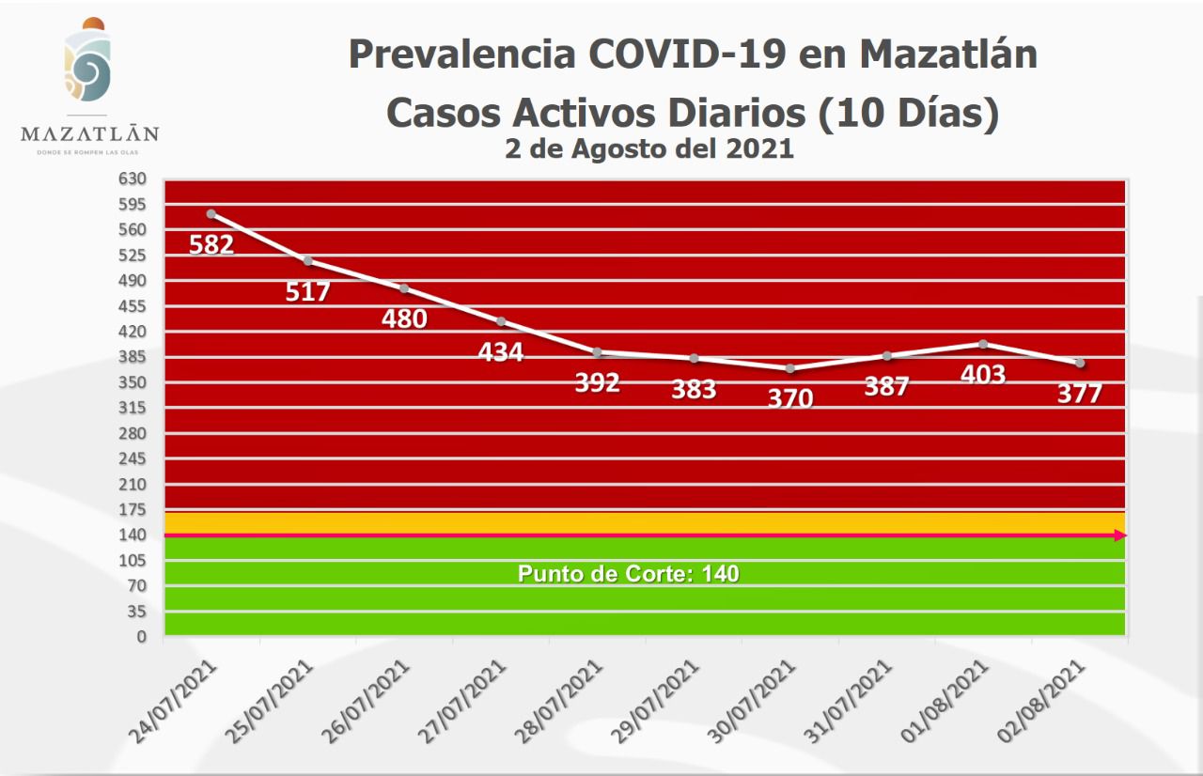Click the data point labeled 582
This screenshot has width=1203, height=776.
coord(211,214)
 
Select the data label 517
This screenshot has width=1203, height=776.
coord(307,291)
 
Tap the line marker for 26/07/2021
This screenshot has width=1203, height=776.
coord(404,287)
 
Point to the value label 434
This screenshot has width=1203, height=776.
coord(500,352)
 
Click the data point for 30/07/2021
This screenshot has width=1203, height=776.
coord(789,368)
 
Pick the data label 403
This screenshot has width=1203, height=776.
coord(983,374)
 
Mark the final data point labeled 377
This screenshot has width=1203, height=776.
coord(1080,363)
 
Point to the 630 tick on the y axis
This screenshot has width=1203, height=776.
coord(133,178)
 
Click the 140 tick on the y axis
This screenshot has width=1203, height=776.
coord(133,535)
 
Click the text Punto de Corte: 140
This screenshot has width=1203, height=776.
coord(629,573)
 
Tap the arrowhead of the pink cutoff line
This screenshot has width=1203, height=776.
coord(1119,535)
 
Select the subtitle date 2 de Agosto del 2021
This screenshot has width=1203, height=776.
coord(649,148)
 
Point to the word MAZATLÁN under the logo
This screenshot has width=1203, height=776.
coord(89,133)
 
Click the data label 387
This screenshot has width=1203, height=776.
coord(886,385)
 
